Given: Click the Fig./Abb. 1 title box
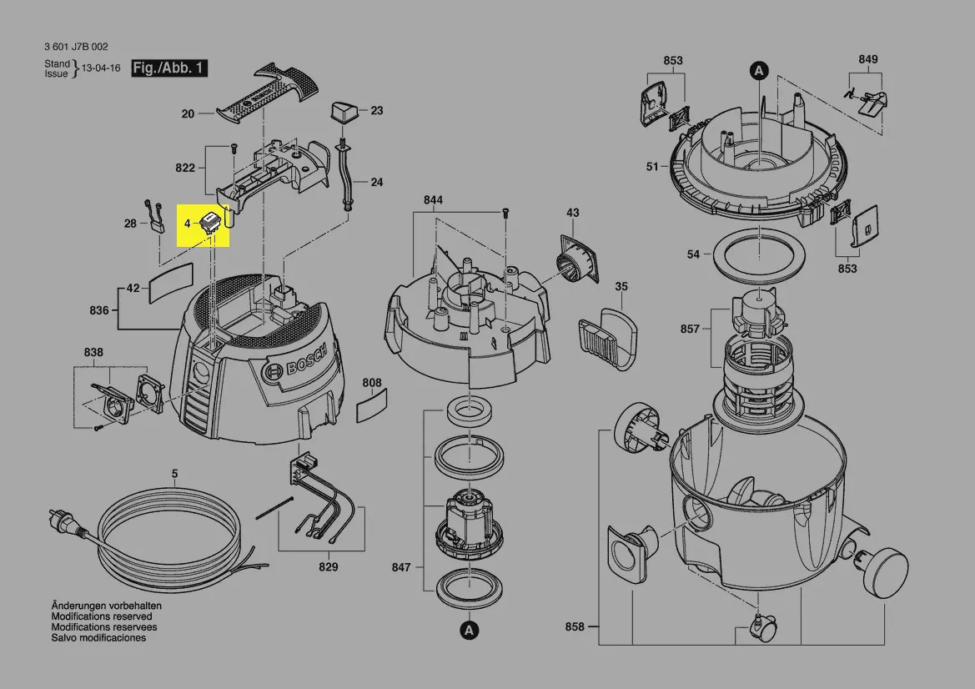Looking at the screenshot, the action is [x=169, y=68].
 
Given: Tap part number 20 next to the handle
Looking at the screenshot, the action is [x=188, y=113].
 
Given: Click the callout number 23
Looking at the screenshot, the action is [x=377, y=111].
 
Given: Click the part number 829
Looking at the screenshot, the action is [x=329, y=567].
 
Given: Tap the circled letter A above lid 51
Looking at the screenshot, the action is [x=759, y=71].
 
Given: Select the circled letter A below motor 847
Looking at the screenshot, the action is [x=469, y=631].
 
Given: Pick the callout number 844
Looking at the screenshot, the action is [x=434, y=200].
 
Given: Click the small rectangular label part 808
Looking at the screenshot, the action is [x=372, y=405].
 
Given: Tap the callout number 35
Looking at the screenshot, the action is [x=621, y=287].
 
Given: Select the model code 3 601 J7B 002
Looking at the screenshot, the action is [x=77, y=47].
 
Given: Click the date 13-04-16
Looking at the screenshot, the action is [x=102, y=68].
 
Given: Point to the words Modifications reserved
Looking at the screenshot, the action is [x=102, y=617].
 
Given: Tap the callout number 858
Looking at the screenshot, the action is [x=575, y=626].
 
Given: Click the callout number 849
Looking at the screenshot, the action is [x=868, y=60].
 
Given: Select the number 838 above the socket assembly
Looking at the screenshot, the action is [x=93, y=353].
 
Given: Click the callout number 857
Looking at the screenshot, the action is [x=690, y=329].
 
